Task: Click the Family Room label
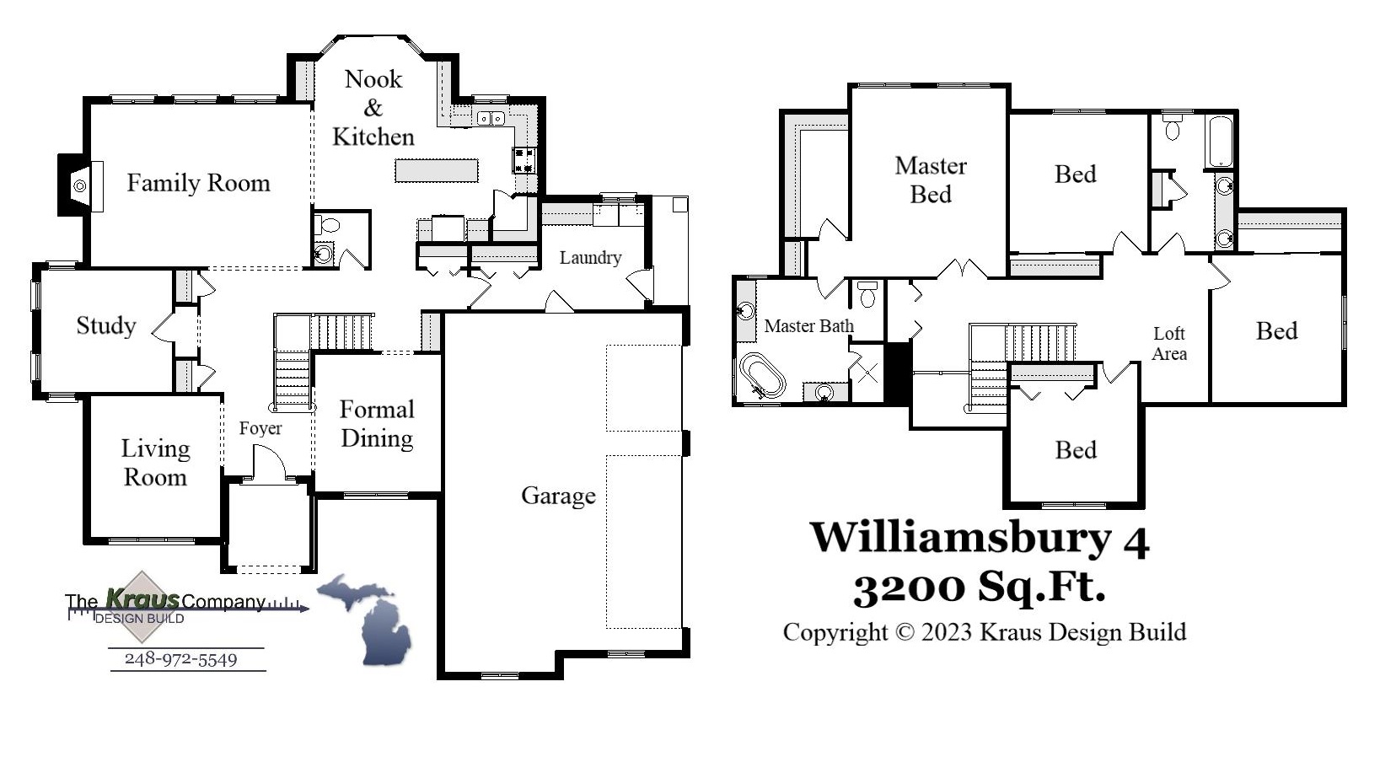point(198,183)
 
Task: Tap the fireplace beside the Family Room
point(79,185)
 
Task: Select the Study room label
point(105,325)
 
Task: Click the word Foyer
point(260,428)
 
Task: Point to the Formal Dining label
point(377,424)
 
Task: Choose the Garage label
point(558,496)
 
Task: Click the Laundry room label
point(590,258)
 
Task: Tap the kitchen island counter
point(437,170)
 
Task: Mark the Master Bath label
point(808,326)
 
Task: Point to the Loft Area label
point(1169,344)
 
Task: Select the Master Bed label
point(931,180)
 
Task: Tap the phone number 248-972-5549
point(180,659)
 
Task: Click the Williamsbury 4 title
point(979,538)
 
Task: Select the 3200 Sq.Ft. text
point(979,587)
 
